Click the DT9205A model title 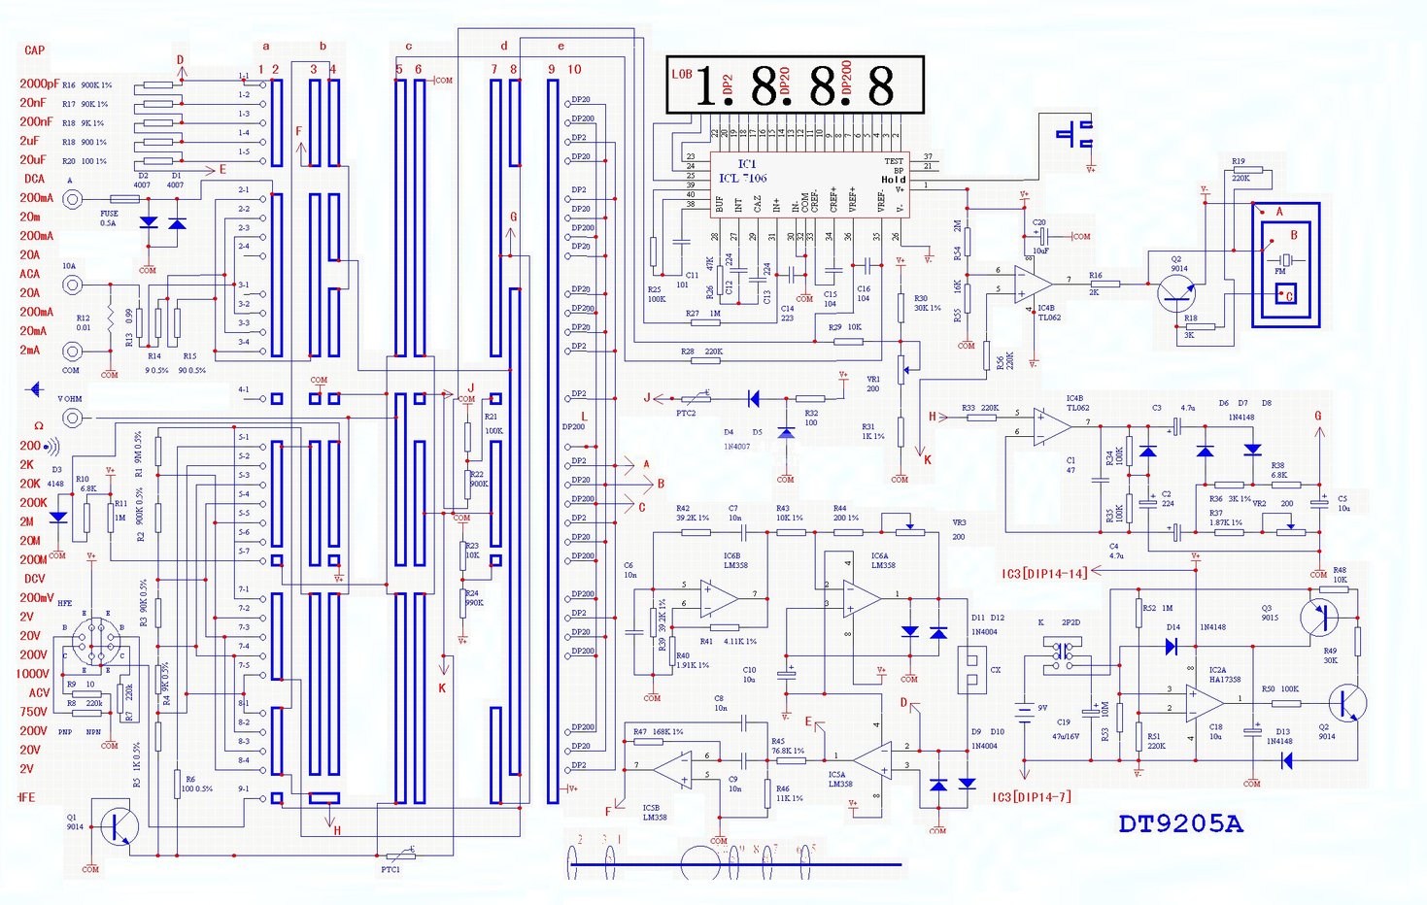click(1180, 824)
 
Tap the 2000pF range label click(39, 84)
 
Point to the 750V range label click(33, 712)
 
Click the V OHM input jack click(72, 419)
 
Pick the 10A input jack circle click(72, 285)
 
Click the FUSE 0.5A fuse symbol click(124, 199)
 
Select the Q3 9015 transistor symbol click(1318, 616)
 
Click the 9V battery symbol click(1024, 711)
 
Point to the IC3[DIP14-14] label click(1044, 574)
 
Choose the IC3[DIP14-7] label click(1031, 797)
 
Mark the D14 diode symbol click(1171, 646)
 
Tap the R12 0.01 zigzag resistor click(111, 318)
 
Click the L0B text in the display click(682, 74)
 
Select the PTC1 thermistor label click(390, 869)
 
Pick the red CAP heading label click(34, 50)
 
